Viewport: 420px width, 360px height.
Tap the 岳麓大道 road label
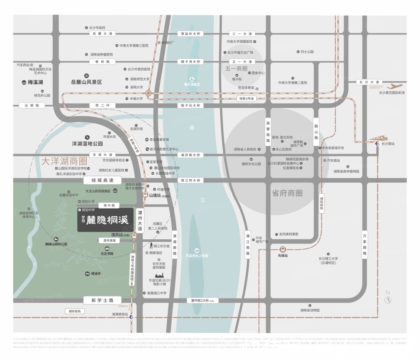pos(102,34)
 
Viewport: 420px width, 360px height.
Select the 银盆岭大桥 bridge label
pos(190,34)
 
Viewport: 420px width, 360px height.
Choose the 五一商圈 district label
pos(236,68)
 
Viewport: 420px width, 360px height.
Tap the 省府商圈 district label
pos(287,193)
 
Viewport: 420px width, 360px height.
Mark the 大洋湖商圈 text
pos(64,161)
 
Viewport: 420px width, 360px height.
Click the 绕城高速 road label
pos(102,180)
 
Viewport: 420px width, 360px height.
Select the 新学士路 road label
pos(102,300)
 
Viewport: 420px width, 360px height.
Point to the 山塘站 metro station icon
pos(145,195)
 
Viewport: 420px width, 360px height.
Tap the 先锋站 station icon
pos(282,249)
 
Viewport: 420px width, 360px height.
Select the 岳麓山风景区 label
pos(86,82)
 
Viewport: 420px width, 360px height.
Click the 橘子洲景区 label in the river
pos(192,84)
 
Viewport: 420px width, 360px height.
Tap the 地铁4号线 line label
pos(247,98)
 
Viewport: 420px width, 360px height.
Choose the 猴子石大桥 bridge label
pos(190,105)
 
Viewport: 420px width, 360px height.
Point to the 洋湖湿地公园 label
pos(87,144)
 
